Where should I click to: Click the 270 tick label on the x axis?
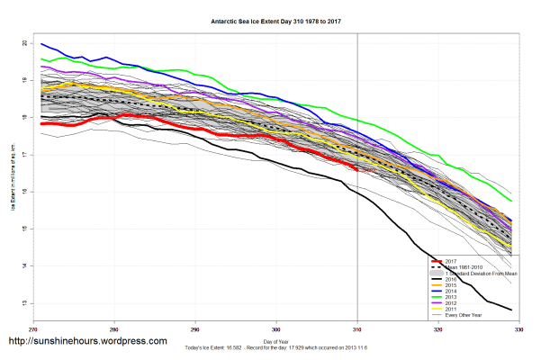[x=33, y=329]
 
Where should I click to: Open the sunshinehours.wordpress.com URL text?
[x=87, y=342]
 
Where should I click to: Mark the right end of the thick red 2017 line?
[x=358, y=168]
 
